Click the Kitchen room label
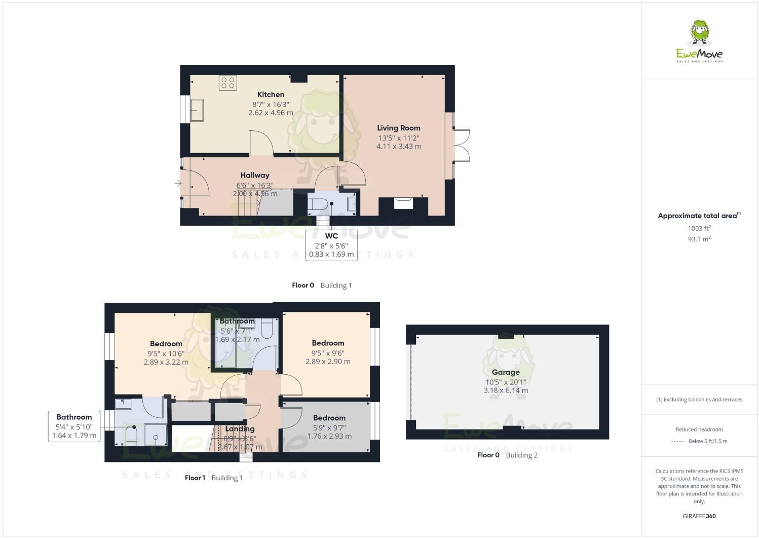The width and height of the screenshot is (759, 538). pyautogui.click(x=271, y=94)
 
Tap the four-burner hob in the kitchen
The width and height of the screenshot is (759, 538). pyautogui.click(x=227, y=83)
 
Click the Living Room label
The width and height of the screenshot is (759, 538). pyautogui.click(x=398, y=128)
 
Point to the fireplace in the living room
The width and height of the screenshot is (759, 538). pyautogui.click(x=404, y=203)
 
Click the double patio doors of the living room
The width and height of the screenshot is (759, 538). pyautogui.click(x=462, y=145)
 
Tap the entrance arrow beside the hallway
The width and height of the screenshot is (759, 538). pyautogui.click(x=178, y=183)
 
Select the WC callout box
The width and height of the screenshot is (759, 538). pyautogui.click(x=331, y=245)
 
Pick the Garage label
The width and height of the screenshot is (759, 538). pyautogui.click(x=505, y=372)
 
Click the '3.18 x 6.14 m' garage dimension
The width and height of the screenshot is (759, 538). pyautogui.click(x=505, y=390)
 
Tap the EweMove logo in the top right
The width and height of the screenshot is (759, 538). pyautogui.click(x=700, y=42)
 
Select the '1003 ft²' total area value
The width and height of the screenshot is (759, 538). pyautogui.click(x=699, y=228)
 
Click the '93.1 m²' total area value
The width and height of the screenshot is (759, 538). pyautogui.click(x=699, y=239)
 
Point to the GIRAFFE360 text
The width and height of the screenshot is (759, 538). pyautogui.click(x=699, y=516)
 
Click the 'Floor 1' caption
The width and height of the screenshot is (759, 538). pyautogui.click(x=195, y=478)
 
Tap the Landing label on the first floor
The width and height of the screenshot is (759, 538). pyautogui.click(x=240, y=429)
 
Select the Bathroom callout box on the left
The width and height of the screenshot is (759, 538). pyautogui.click(x=74, y=426)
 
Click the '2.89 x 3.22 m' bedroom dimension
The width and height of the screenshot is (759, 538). pyautogui.click(x=166, y=363)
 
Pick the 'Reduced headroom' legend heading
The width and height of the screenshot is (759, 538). pyautogui.click(x=699, y=429)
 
